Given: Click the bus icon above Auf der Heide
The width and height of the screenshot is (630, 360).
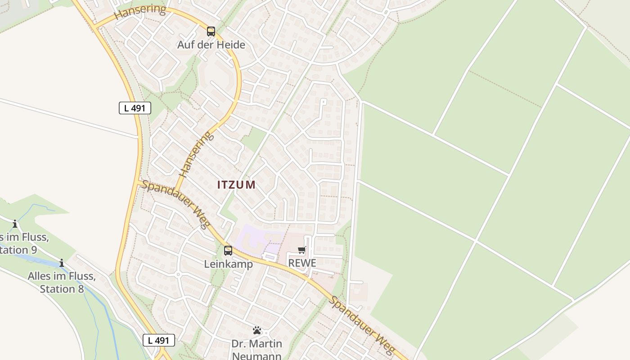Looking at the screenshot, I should click(211, 31).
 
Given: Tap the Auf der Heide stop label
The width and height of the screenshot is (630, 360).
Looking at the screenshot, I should click(211, 45).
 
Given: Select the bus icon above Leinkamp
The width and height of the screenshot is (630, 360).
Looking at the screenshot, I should click(228, 251).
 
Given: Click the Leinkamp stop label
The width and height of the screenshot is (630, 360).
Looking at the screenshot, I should click(229, 264).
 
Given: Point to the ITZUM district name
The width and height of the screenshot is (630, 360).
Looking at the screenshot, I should click(236, 184).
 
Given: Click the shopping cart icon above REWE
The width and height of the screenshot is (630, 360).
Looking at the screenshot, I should click(302, 250).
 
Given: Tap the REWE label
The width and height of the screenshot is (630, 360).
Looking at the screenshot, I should click(302, 263).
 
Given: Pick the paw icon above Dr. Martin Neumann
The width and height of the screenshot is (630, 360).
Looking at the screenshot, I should click(257, 331).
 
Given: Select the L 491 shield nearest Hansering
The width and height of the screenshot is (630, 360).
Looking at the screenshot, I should click(135, 108).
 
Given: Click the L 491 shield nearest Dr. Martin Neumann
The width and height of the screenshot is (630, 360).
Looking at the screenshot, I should click(159, 340).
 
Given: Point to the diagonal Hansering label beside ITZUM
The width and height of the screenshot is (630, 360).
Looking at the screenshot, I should click(196, 154).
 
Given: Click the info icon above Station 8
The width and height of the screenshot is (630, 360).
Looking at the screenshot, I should click(62, 263).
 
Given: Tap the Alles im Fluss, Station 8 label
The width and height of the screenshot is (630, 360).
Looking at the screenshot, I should click(62, 282).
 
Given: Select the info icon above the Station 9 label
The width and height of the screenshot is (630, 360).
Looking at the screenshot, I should click(15, 224).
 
